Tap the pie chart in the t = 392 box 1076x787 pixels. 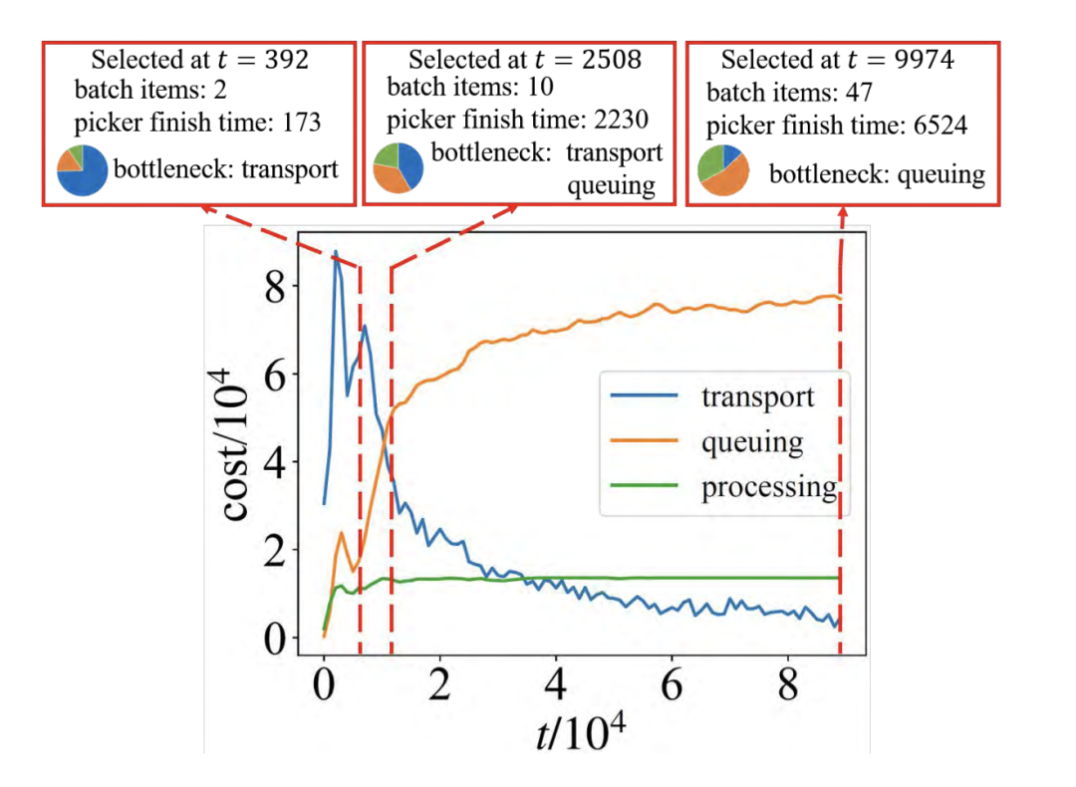click(82, 170)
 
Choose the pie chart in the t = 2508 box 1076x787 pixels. click(398, 169)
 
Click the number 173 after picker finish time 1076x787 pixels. click(299, 123)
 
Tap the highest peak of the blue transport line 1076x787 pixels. click(336, 252)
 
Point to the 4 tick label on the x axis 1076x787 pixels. click(557, 688)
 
